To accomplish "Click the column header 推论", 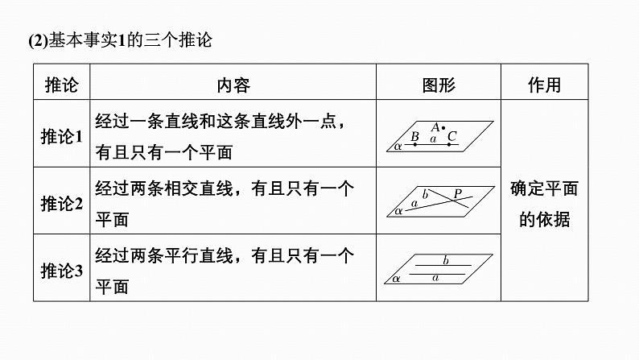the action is (61, 85).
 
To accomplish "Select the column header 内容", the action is (233, 85).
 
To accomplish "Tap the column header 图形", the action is (439, 85).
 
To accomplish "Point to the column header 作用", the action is (545, 85).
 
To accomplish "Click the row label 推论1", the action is (61, 136).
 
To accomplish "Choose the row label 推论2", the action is (61, 204).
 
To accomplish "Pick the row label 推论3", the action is (61, 271).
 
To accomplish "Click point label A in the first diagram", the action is (435, 127).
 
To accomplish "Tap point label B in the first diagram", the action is (414, 136).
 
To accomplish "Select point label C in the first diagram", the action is (452, 136).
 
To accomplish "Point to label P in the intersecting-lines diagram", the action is (458, 193).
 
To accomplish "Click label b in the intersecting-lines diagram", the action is (425, 194).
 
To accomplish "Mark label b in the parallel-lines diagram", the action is (446, 259).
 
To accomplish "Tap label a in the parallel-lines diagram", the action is (435, 278).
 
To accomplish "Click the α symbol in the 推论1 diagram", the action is (398, 146).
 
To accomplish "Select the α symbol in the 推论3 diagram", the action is (396, 279).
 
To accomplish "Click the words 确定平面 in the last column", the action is (545, 188).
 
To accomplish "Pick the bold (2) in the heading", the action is (39, 40).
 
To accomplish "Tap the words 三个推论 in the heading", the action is (178, 40).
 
